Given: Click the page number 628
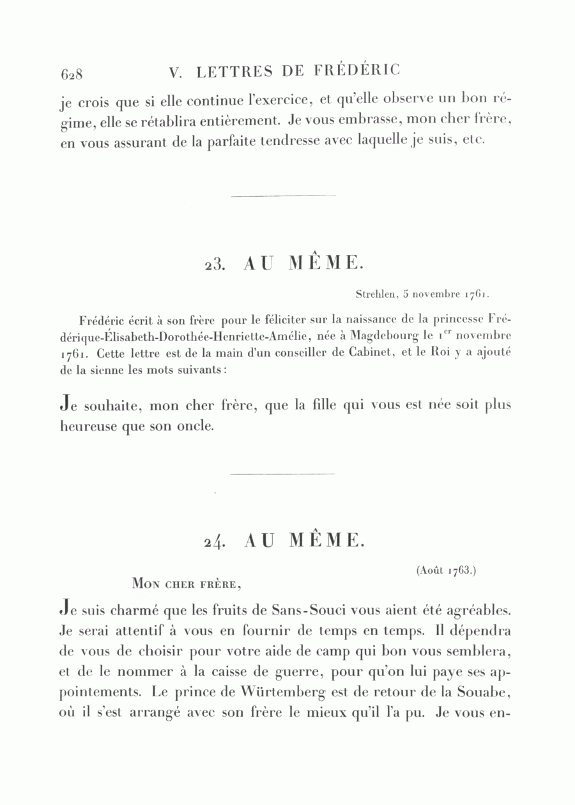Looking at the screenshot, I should point(72,73).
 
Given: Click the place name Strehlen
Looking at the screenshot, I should point(376,295).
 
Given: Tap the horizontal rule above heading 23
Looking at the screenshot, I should point(282,195).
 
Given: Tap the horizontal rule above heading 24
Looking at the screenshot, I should point(282,474).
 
